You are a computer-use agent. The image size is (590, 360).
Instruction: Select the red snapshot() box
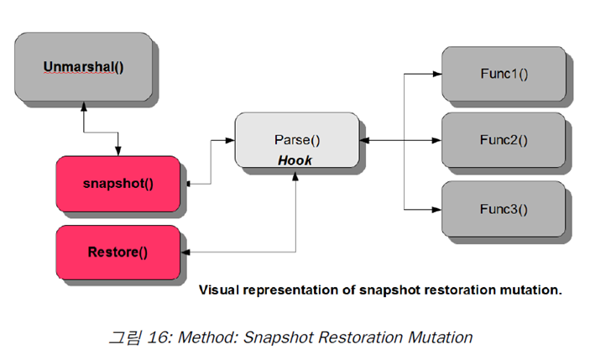tap(117, 182)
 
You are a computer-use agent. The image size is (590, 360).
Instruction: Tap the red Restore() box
tap(117, 251)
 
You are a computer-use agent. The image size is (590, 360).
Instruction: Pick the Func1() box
tap(504, 73)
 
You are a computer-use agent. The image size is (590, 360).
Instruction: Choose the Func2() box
tap(504, 140)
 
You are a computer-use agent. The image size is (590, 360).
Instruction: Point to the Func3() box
tap(504, 208)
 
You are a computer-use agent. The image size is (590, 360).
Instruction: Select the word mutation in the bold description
tap(530, 290)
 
